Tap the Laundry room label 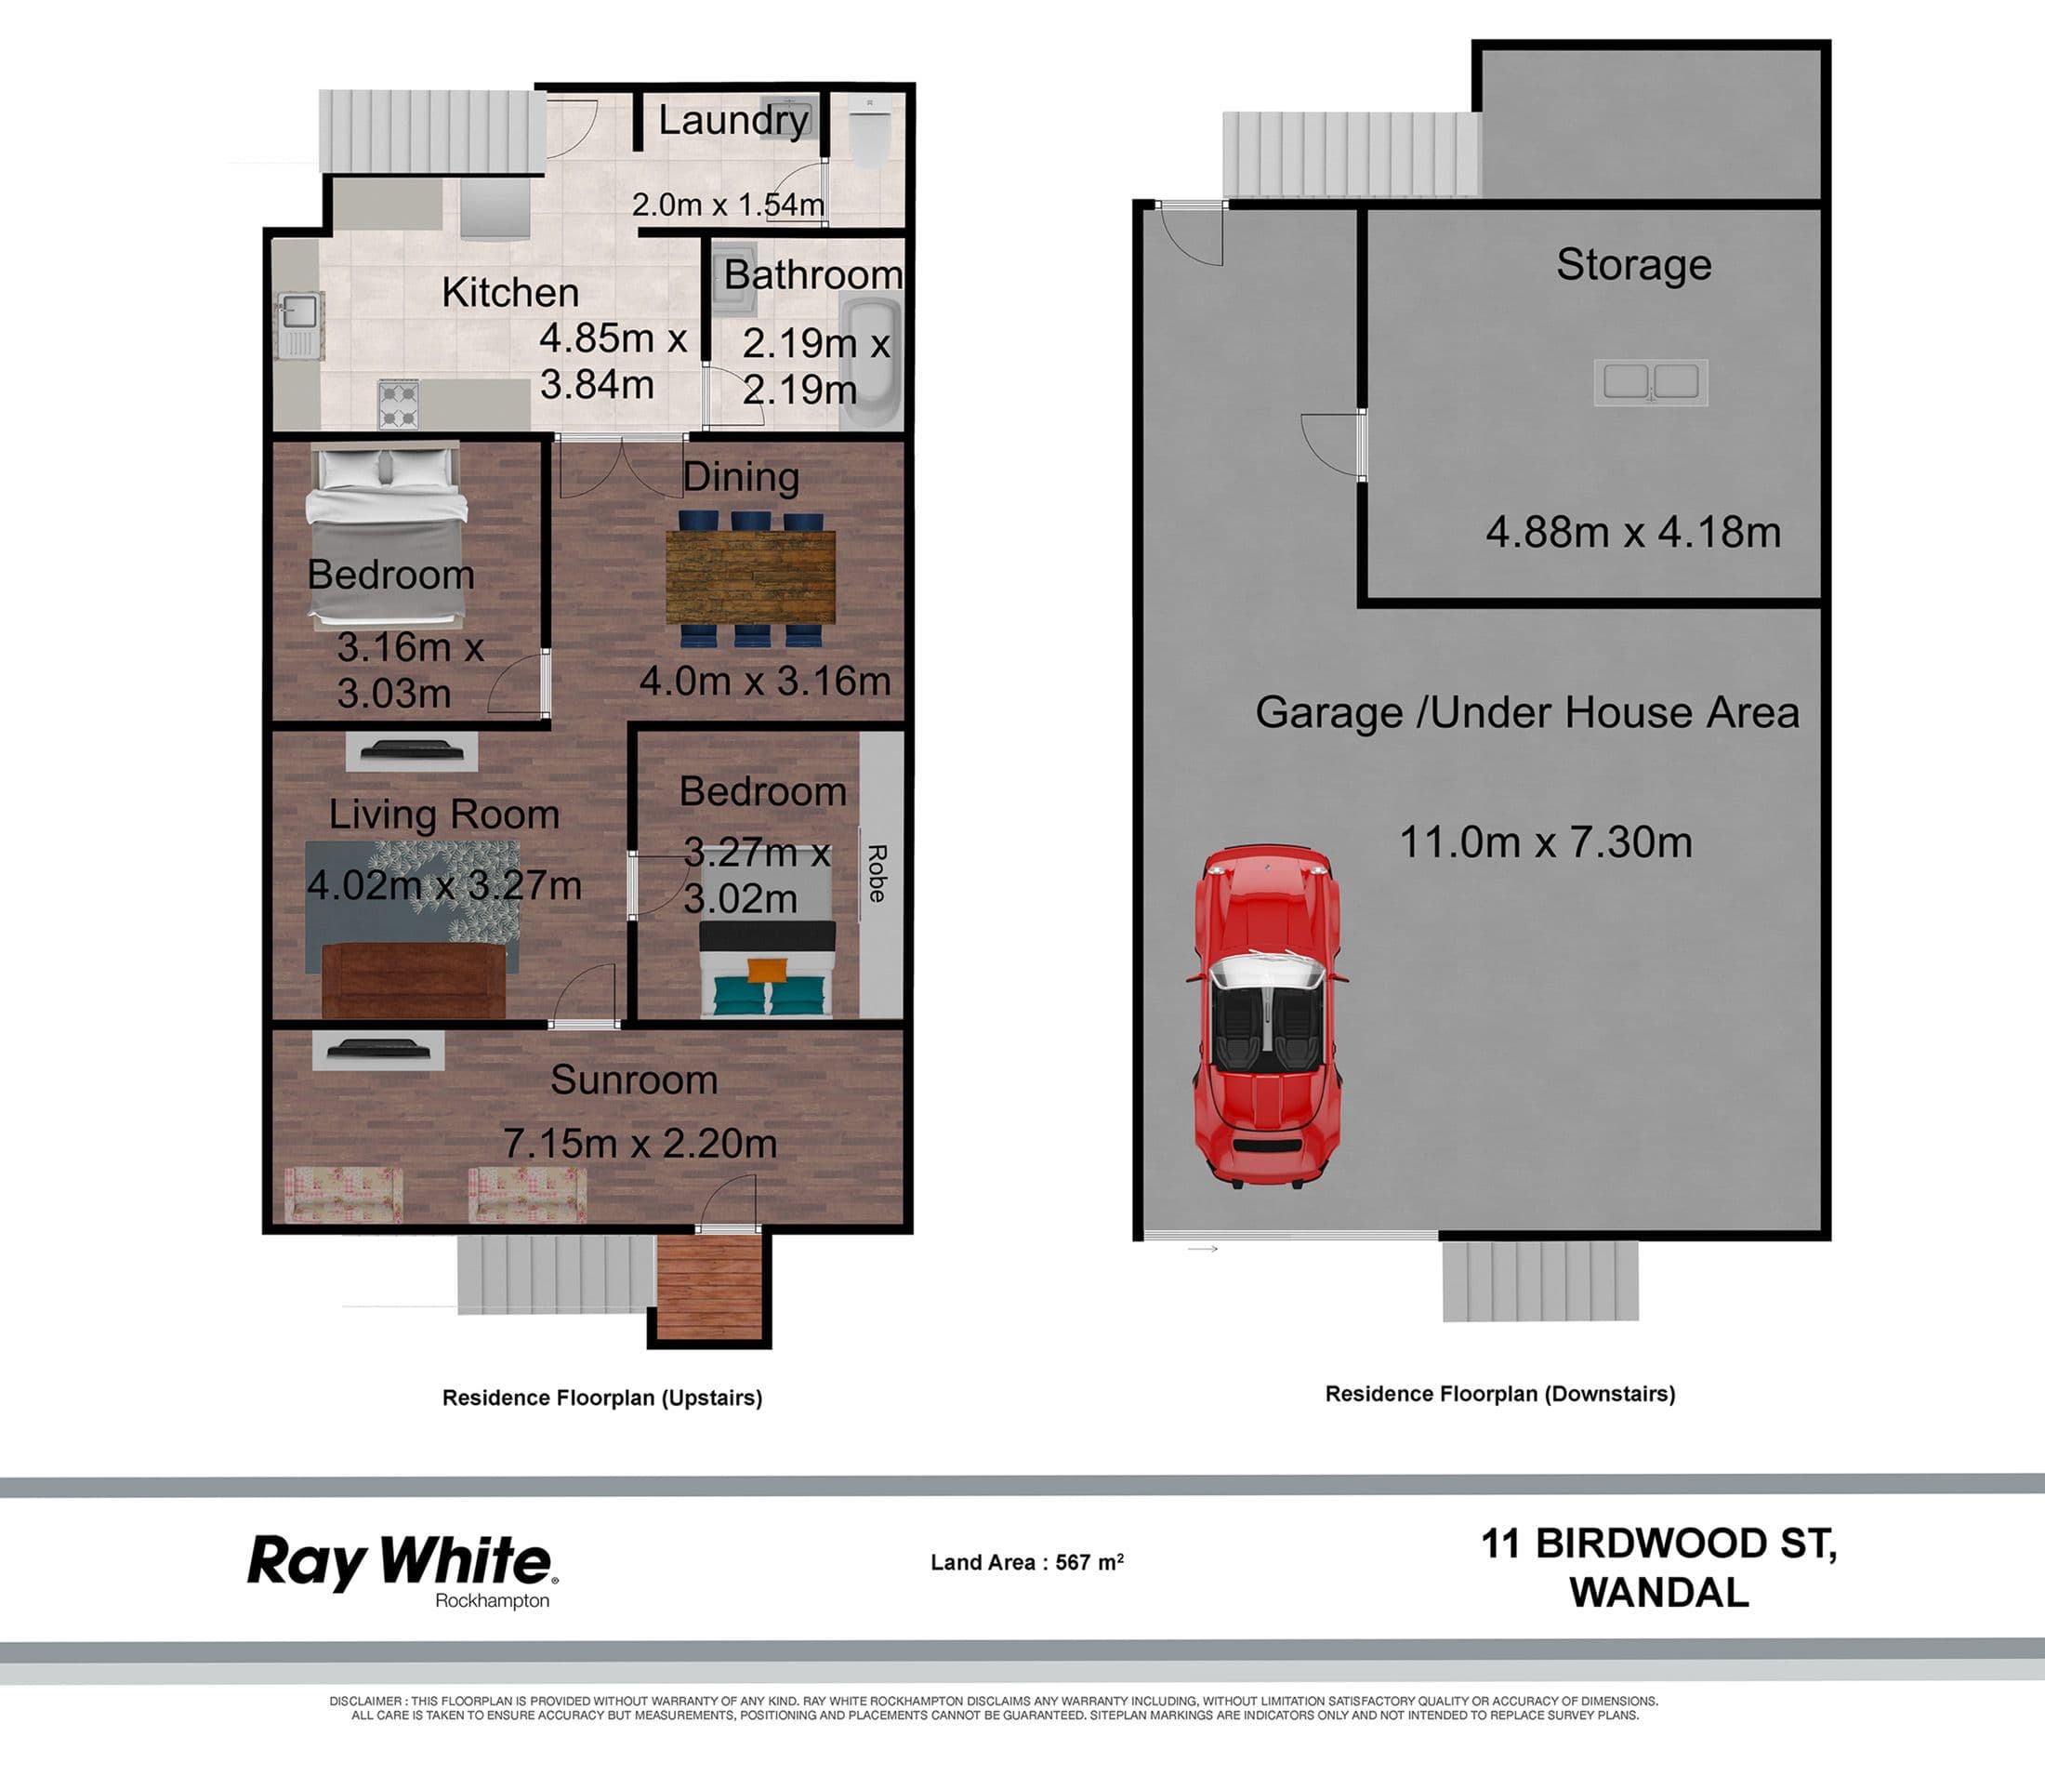(x=732, y=120)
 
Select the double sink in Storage (x=1651, y=381)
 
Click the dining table (x=750, y=578)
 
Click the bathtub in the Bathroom (x=871, y=362)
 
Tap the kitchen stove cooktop (x=399, y=404)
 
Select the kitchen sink (x=299, y=325)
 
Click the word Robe (x=877, y=873)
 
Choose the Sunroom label (x=634, y=1080)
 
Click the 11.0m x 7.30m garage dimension (x=1545, y=841)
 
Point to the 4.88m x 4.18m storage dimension (x=1633, y=531)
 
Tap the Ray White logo (x=402, y=1570)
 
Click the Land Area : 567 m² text (x=1027, y=1562)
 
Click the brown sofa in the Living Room (x=415, y=980)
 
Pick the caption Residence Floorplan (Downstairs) (x=1500, y=1394)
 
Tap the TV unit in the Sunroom (x=378, y=1050)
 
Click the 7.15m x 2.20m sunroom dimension (x=640, y=1143)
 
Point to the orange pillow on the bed (x=767, y=970)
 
